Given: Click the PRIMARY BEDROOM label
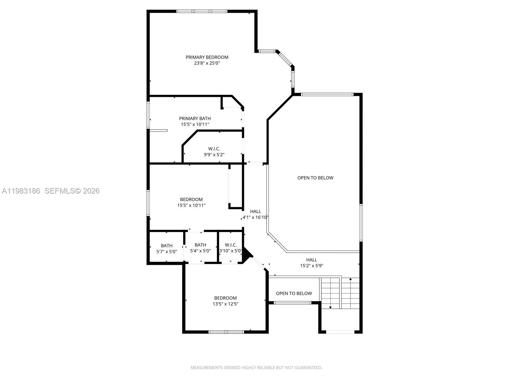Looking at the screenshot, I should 207,57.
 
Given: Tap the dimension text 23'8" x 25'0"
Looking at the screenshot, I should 207,63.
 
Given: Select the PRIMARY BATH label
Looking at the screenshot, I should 195,118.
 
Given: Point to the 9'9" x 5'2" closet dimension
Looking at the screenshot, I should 214,155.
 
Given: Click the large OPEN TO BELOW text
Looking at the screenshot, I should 315,178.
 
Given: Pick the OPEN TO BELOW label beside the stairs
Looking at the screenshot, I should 294,293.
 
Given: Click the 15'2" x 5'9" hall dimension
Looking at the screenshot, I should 311,266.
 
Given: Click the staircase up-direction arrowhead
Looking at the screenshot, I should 350,279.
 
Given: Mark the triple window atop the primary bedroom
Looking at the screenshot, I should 202,11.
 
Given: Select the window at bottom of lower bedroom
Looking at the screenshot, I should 226,332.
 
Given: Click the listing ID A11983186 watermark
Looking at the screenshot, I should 21,191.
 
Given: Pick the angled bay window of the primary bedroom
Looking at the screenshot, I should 285,58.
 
